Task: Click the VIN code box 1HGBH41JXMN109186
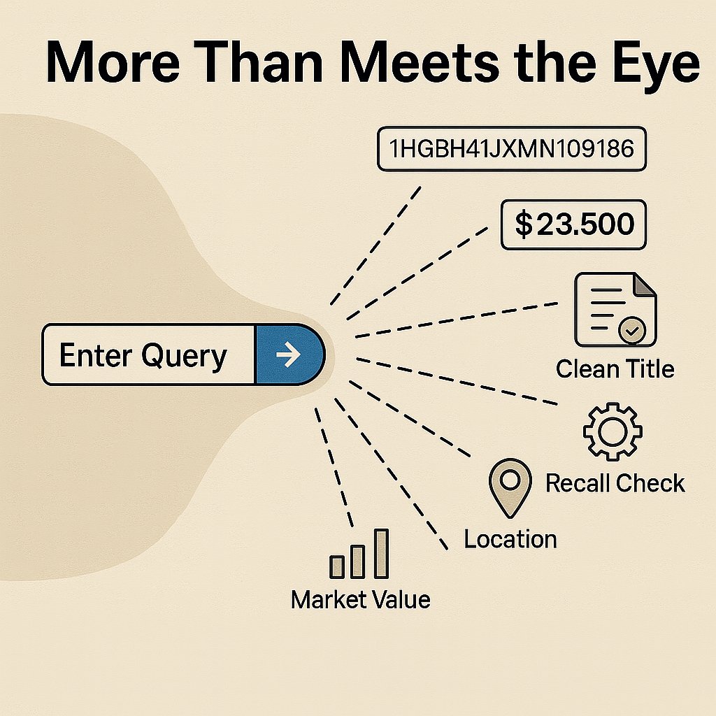pos(510,149)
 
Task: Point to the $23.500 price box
pos(574,224)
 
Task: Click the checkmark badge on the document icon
pos(633,331)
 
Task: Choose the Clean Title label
pos(615,368)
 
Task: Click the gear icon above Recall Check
pos(612,431)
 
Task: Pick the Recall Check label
pos(615,482)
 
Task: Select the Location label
pos(510,539)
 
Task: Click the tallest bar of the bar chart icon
pos(380,554)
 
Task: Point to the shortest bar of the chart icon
pos(337,566)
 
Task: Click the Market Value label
pos(360,599)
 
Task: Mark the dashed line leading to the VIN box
pos(378,245)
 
